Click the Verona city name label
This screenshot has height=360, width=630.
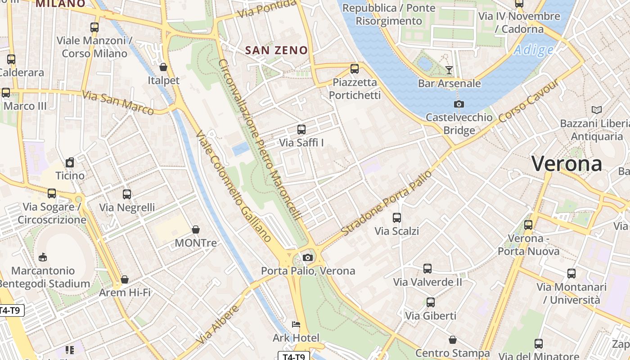[x=567, y=163]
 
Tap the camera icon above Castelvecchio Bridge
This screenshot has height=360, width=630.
[x=459, y=104]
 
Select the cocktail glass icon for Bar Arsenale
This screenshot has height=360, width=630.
[x=449, y=70]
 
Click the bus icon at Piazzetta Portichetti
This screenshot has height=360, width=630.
[x=355, y=69]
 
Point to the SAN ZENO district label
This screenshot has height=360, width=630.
[x=277, y=50]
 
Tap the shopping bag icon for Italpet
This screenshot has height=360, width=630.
[x=163, y=67]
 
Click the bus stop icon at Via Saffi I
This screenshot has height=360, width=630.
[x=301, y=130]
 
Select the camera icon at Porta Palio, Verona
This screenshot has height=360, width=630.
[x=307, y=257]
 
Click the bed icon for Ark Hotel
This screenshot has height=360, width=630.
[x=296, y=324]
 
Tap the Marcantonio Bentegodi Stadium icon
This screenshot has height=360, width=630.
[x=43, y=257]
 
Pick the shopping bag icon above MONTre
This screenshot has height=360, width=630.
[x=195, y=229]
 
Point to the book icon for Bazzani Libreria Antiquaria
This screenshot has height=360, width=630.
[x=597, y=110]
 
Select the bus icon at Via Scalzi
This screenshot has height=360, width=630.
[x=396, y=218]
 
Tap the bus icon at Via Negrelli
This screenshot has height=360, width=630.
[x=127, y=194]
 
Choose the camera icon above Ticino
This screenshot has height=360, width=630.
[x=70, y=162]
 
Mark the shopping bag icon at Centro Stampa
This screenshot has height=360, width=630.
[x=452, y=340]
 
